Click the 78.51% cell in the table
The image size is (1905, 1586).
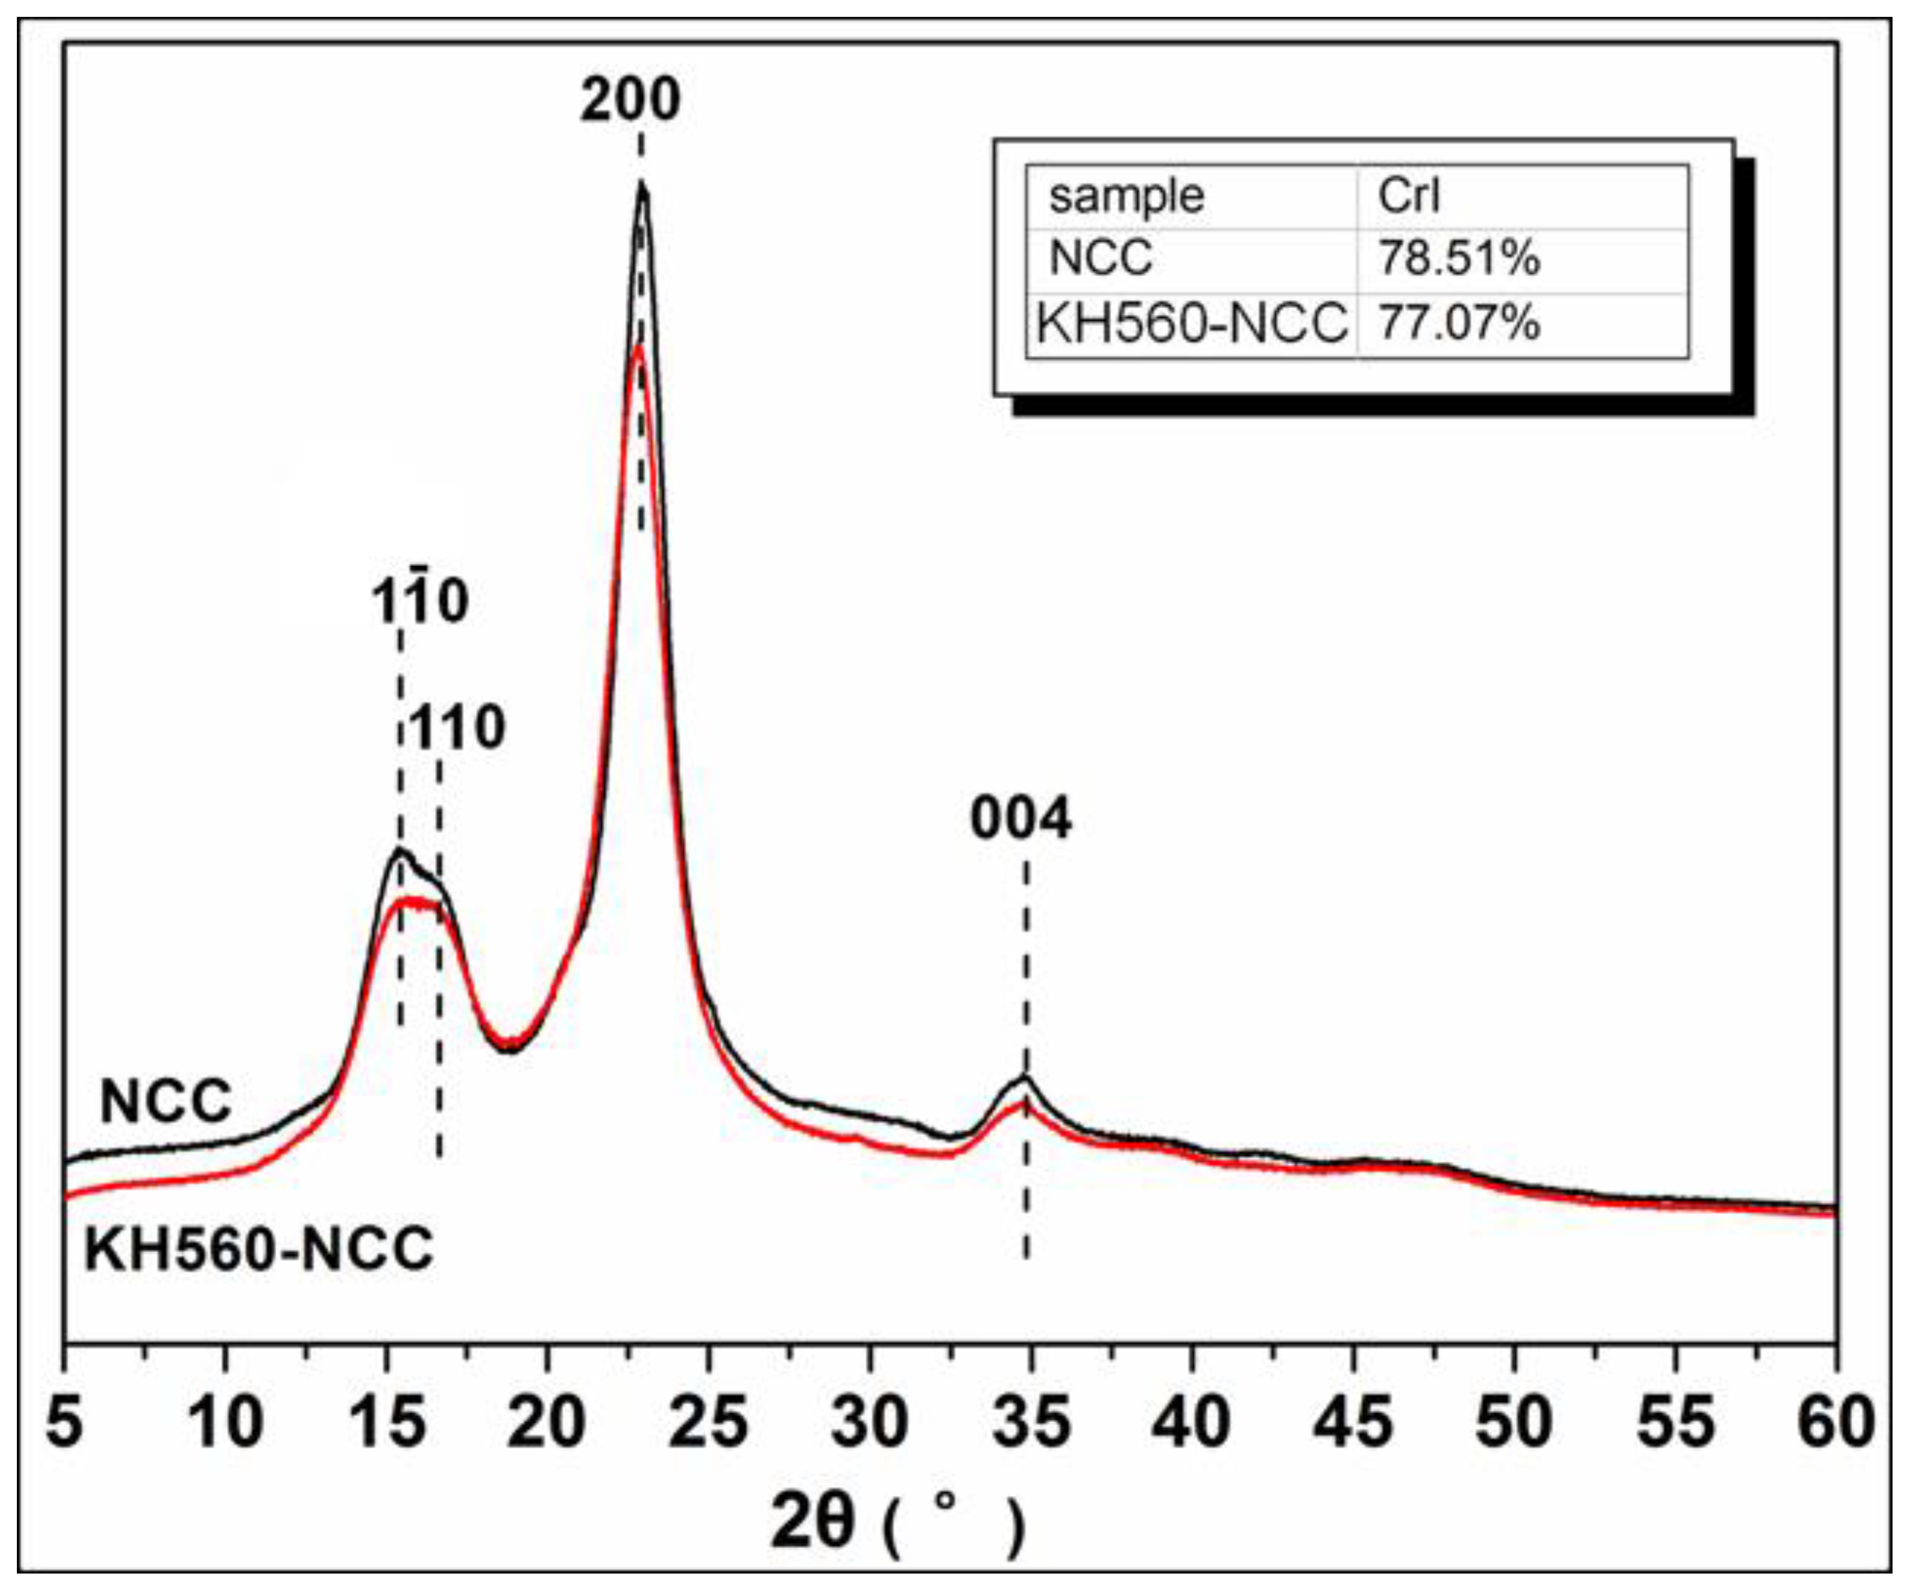[1458, 258]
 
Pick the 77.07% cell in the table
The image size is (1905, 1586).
[1458, 322]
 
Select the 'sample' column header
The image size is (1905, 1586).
[1127, 196]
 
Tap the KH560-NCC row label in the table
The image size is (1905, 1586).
[1191, 322]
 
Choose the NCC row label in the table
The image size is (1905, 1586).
[1100, 258]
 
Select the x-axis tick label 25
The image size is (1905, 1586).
[709, 1422]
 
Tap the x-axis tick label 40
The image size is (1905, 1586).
[1191, 1422]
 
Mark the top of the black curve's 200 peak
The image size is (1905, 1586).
[642, 186]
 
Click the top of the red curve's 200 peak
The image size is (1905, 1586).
[638, 349]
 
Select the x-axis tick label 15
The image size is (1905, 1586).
[387, 1422]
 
